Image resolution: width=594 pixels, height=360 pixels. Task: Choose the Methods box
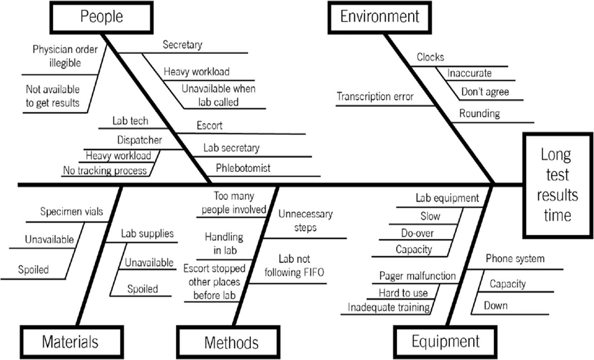pyautogui.click(x=231, y=343)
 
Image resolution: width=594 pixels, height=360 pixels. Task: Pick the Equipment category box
pyautogui.click(x=444, y=342)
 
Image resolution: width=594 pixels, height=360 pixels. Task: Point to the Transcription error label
pyautogui.click(x=375, y=96)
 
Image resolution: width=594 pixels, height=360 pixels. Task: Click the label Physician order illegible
pyautogui.click(x=57, y=56)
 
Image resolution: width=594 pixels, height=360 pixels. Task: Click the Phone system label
pyautogui.click(x=514, y=259)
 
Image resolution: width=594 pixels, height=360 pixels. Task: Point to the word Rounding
pyautogui.click(x=479, y=114)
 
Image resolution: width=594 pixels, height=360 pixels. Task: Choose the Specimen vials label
pyautogui.click(x=65, y=210)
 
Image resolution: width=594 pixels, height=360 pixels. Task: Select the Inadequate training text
pyautogui.click(x=389, y=306)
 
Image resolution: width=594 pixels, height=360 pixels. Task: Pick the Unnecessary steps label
pyautogui.click(x=305, y=220)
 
